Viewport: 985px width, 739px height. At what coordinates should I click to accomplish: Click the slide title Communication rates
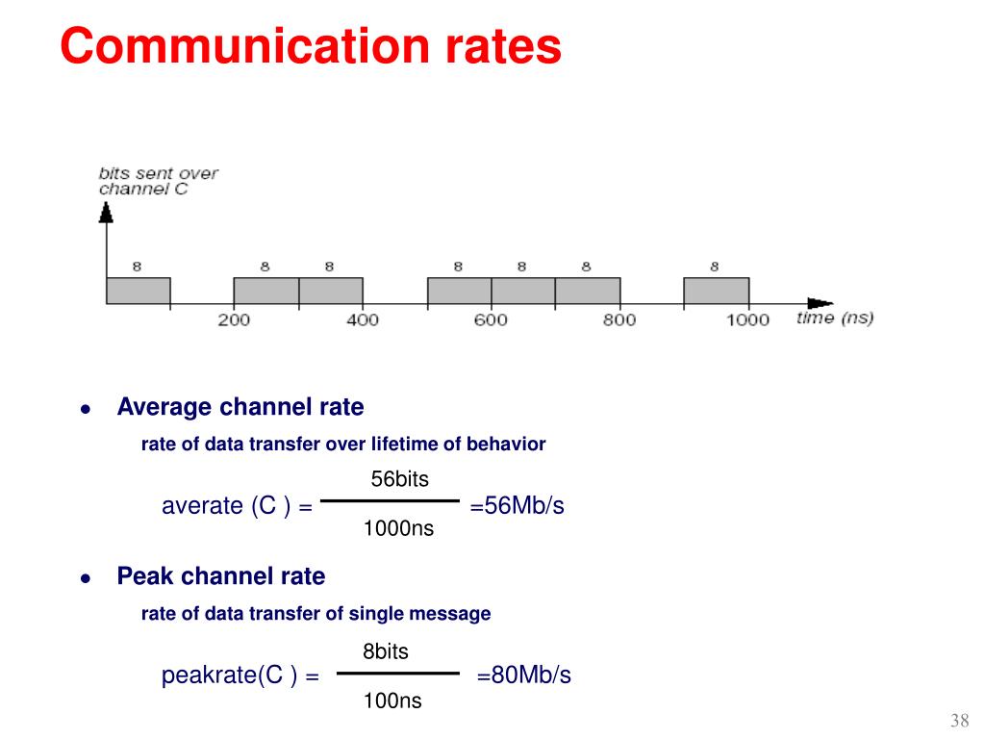pos(310,46)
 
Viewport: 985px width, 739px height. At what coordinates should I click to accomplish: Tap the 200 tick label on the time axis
pos(234,319)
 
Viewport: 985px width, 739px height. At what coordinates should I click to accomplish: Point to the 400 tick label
pos(363,319)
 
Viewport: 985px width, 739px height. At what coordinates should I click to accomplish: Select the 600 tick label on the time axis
pos(491,319)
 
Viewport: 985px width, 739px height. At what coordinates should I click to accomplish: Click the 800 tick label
pos(619,319)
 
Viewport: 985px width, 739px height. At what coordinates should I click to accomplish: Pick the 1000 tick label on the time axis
pos(747,319)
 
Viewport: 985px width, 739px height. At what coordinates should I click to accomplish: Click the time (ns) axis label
pos(835,318)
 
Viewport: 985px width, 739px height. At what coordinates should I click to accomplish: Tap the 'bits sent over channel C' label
pos(159,181)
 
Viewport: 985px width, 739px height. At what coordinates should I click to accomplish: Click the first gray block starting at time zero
pos(138,292)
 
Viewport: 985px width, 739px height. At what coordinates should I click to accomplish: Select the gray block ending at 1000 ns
pos(716,292)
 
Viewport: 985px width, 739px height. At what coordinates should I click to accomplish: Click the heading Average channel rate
pos(240,407)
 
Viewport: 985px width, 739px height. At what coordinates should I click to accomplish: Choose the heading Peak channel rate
pos(221,576)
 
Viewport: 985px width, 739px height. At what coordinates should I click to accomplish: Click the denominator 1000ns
pos(398,528)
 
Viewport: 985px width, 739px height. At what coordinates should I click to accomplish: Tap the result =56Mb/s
pos(517,506)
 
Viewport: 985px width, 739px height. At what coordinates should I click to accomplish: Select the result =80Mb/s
pos(524,675)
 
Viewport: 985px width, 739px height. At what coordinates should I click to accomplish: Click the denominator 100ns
pos(392,701)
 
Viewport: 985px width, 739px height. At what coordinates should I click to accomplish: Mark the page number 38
pos(959,722)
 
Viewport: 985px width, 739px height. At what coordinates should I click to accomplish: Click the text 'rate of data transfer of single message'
pos(316,614)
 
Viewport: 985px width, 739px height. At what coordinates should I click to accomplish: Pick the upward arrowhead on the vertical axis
pos(106,211)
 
